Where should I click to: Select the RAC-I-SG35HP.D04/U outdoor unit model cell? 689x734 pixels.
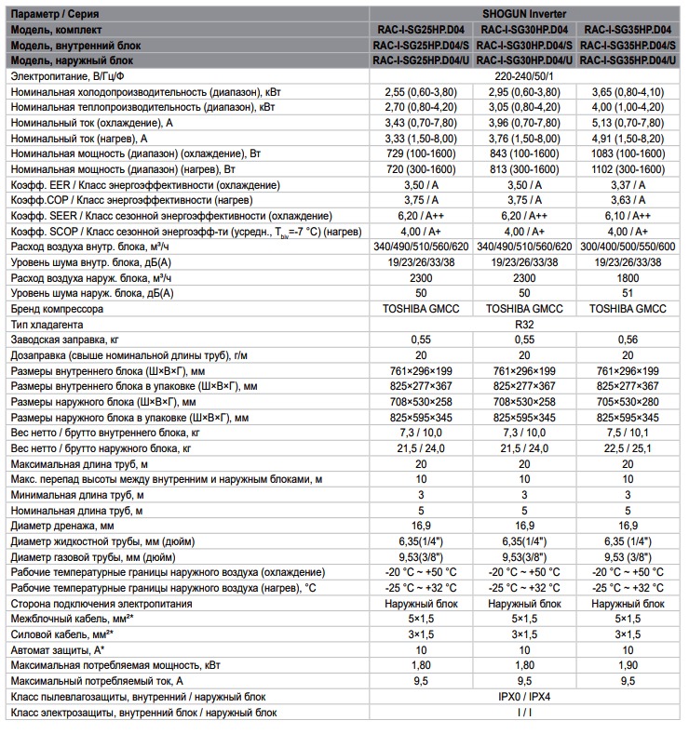628,61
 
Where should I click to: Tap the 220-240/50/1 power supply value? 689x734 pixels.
524,77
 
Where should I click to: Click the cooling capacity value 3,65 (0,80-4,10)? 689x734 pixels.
628,92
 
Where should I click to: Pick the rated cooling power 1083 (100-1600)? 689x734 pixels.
628,153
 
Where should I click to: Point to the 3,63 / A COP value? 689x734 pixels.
628,199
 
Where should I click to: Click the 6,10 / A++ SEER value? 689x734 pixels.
628,215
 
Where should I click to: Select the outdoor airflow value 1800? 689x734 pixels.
628,276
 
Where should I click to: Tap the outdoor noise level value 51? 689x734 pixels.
628,292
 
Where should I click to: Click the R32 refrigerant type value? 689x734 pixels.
524,325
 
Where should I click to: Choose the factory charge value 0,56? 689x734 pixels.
628,340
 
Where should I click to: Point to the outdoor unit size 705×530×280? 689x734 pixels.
628,402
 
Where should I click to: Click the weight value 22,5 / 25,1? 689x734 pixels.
628,447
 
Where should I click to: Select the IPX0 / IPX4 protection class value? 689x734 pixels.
524,696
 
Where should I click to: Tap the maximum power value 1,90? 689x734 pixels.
628,664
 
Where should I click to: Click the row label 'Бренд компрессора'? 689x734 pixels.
57,308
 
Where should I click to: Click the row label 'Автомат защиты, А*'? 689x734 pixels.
57,649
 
